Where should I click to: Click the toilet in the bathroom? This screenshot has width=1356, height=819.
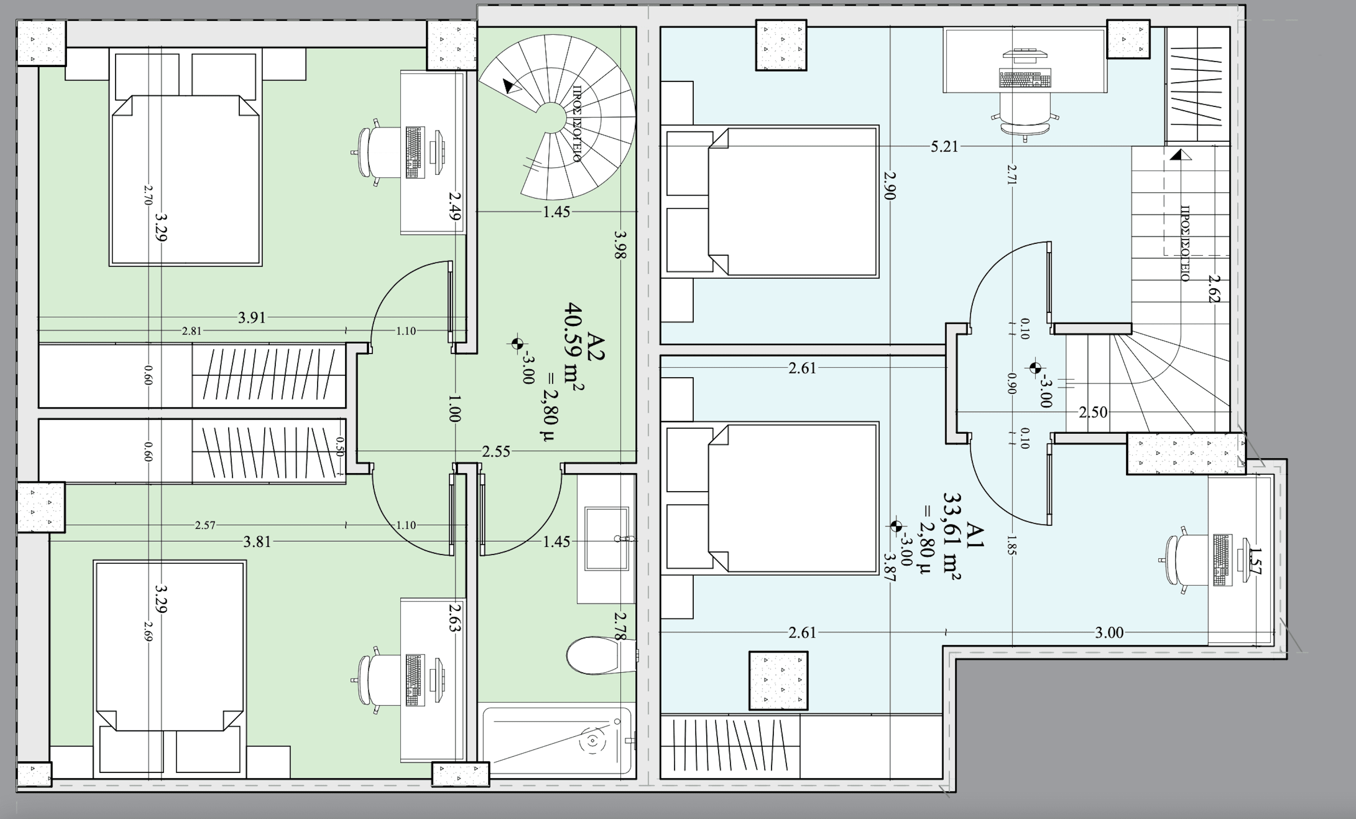[x=601, y=655]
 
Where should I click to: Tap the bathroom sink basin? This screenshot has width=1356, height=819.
[x=606, y=539]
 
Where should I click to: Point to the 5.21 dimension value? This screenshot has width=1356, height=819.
[x=944, y=147]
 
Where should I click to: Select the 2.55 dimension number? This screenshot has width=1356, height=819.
[x=496, y=451]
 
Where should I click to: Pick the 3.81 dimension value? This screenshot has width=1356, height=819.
[x=257, y=541]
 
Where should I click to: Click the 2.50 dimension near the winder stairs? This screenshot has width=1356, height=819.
[x=1093, y=412]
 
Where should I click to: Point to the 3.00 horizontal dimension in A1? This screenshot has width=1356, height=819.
[x=1109, y=632]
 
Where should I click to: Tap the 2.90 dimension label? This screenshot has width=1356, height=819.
[x=890, y=186]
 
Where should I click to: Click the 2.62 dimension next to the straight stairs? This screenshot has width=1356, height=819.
[x=1215, y=289]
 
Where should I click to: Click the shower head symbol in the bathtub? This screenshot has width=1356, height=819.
[x=592, y=741]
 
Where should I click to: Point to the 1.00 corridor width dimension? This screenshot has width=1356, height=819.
[x=454, y=408]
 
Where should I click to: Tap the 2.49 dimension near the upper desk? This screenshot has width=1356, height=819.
[x=454, y=206]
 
